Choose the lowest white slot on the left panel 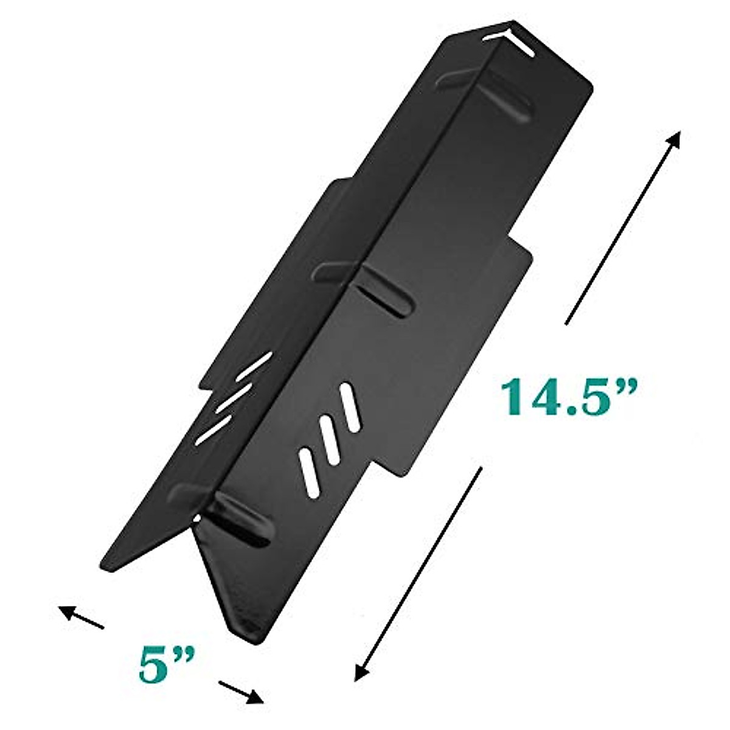coord(212,426)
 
